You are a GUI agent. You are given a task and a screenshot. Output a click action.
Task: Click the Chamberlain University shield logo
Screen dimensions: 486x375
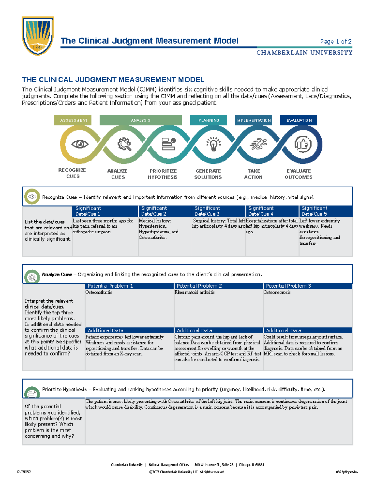click(x=37, y=36)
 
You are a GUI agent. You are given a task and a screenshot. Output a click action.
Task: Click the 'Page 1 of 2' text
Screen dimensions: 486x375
click(x=336, y=42)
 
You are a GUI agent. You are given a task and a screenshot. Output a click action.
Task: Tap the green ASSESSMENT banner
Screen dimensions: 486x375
click(x=73, y=120)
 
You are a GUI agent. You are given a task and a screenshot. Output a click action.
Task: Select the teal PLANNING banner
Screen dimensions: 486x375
click(x=208, y=120)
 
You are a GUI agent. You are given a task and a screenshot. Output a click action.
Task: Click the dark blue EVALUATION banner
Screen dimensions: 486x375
click(x=299, y=120)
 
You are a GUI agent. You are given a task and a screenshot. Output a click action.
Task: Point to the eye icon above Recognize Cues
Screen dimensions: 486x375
click(x=80, y=144)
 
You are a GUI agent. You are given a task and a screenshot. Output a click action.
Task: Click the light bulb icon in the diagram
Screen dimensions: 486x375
click(x=213, y=144)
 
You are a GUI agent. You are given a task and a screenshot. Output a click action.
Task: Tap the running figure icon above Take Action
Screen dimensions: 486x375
click(x=258, y=144)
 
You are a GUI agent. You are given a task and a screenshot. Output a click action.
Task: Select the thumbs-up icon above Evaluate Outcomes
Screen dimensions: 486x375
click(x=302, y=144)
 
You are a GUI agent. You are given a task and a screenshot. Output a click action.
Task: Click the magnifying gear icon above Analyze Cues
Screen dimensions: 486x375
click(x=124, y=144)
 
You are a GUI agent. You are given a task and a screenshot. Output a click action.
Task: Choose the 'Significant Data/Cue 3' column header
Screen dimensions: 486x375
click(x=207, y=211)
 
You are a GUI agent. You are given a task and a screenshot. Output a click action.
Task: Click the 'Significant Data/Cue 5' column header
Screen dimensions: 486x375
click(x=314, y=211)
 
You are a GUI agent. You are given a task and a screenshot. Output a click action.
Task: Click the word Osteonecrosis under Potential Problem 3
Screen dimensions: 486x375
click(x=277, y=292)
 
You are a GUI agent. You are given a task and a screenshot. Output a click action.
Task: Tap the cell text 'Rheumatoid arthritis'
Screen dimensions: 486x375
click(x=194, y=292)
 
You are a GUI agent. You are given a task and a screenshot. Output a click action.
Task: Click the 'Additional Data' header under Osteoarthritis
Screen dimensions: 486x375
click(x=106, y=330)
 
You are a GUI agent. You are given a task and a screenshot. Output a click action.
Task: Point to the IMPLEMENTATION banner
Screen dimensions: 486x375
click(x=253, y=120)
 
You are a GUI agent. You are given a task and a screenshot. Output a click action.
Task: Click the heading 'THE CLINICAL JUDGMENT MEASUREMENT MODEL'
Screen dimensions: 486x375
click(x=113, y=80)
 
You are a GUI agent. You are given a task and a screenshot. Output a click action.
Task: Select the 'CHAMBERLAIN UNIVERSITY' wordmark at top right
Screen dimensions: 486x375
click(x=304, y=53)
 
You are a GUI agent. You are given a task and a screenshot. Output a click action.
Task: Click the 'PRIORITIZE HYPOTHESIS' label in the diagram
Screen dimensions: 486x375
click(x=163, y=174)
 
